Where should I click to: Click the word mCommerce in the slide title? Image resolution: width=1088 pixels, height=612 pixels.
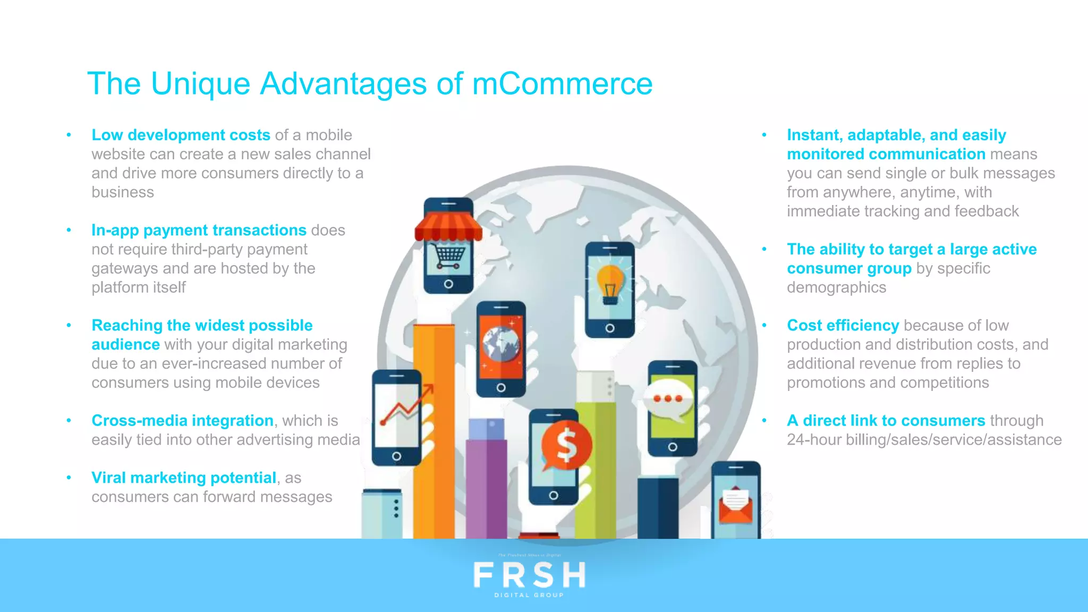(x=562, y=84)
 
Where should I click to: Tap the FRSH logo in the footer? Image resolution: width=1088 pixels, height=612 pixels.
(x=529, y=576)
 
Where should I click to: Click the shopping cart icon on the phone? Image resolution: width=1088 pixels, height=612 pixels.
(x=449, y=257)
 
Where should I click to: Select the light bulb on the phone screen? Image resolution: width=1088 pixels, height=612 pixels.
(x=610, y=284)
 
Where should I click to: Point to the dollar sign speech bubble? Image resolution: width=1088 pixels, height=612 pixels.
(x=566, y=445)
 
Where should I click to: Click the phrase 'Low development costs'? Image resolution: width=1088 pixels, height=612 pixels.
(x=181, y=135)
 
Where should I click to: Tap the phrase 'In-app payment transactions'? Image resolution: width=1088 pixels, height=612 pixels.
(x=199, y=230)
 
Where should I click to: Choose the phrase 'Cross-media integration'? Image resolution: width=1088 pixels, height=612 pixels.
(x=182, y=420)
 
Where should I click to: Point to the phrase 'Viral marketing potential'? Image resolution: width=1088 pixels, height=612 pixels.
(x=184, y=478)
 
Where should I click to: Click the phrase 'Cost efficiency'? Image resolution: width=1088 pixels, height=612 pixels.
(x=843, y=325)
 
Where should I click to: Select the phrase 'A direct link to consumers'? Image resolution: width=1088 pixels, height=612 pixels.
(x=886, y=420)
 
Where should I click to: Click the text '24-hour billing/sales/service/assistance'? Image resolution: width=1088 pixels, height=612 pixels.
(x=924, y=439)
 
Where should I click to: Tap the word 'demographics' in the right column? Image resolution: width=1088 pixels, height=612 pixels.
(x=836, y=287)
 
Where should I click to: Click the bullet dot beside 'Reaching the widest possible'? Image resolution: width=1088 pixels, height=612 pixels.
(x=69, y=325)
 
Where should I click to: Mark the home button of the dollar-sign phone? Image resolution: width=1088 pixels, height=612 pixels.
(x=554, y=495)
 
